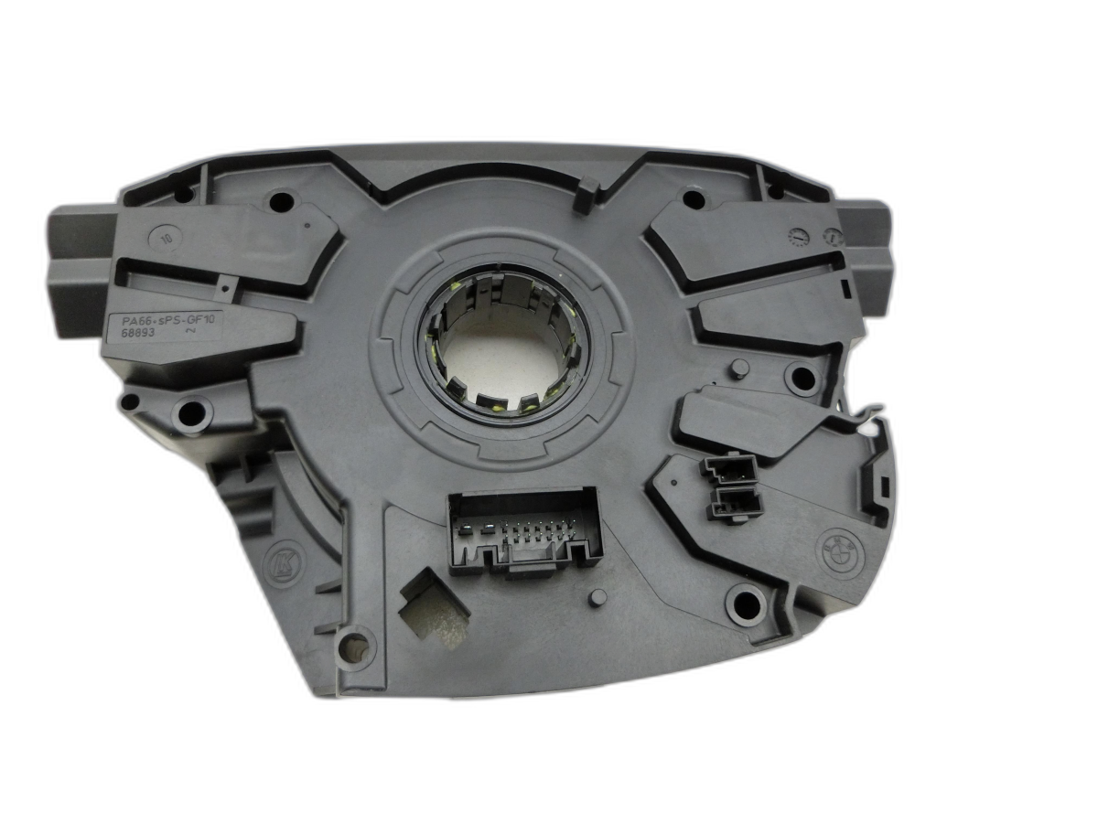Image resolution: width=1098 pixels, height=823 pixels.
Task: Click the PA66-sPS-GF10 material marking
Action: point(165,321)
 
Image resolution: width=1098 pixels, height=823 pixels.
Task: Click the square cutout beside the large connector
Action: point(433,604)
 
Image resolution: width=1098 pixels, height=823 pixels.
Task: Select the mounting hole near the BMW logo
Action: point(746,603)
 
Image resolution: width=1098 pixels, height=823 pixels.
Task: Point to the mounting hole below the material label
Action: point(193,413)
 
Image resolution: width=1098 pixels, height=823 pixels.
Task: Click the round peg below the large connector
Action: point(597,598)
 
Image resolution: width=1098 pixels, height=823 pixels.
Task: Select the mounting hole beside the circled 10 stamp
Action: point(281,201)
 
